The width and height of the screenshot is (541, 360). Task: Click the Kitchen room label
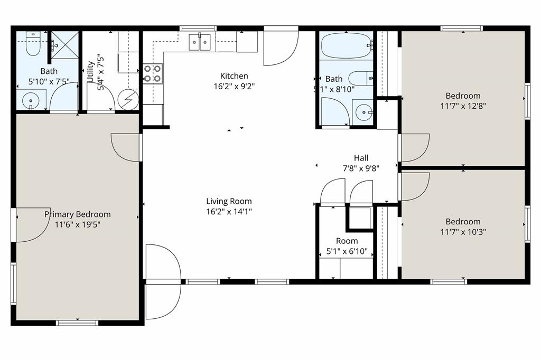234,76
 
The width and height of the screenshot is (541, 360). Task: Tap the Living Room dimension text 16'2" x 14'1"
229,212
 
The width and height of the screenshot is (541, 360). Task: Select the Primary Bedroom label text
78,214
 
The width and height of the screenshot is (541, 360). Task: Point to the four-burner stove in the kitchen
153,73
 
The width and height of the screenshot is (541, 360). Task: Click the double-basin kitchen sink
200,42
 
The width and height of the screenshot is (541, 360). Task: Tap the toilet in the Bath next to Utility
33,44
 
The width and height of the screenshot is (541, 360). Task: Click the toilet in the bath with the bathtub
362,79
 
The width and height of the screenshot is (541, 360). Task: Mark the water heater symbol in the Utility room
128,99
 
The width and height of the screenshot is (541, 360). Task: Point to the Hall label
361,158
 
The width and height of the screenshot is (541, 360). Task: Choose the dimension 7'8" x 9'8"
361,168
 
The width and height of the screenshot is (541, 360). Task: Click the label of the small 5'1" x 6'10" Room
347,241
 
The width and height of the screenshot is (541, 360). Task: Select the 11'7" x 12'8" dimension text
463,106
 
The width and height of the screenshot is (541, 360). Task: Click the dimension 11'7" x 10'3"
463,232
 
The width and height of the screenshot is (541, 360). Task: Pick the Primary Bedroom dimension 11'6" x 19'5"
78,224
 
